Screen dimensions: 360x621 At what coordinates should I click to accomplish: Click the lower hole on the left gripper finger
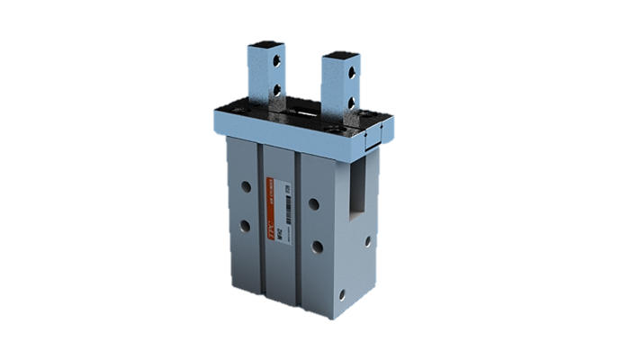click(x=275, y=90)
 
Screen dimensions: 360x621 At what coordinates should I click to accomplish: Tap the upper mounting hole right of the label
click(x=314, y=203)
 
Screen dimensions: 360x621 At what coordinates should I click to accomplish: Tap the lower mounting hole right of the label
click(x=315, y=245)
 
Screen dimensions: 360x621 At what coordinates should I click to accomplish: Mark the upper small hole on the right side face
click(x=367, y=241)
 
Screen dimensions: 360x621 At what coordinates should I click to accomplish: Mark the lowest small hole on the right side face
click(x=343, y=293)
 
